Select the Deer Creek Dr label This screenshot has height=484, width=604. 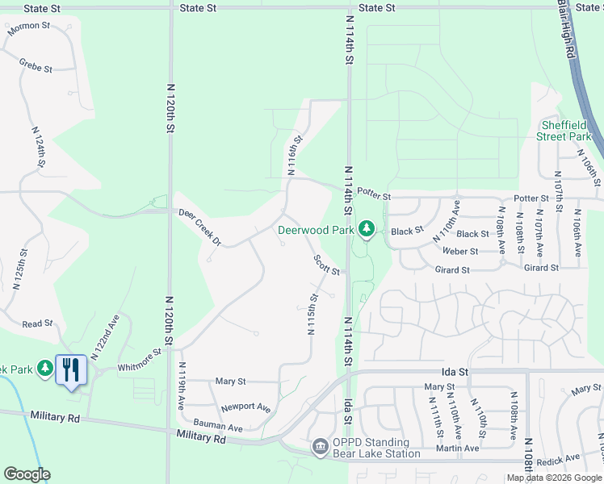tap(199, 226)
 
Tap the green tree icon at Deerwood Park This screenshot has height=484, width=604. tap(367, 230)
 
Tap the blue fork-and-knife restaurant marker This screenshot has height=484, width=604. tap(71, 370)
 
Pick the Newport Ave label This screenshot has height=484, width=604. tap(245, 407)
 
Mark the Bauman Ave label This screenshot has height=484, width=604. tap(218, 425)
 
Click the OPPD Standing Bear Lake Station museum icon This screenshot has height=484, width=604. tap(320, 446)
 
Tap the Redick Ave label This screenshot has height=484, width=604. tap(557, 458)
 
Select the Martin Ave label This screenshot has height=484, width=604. tap(452, 448)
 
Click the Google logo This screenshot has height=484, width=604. tap(27, 474)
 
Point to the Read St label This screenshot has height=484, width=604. tap(37, 323)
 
